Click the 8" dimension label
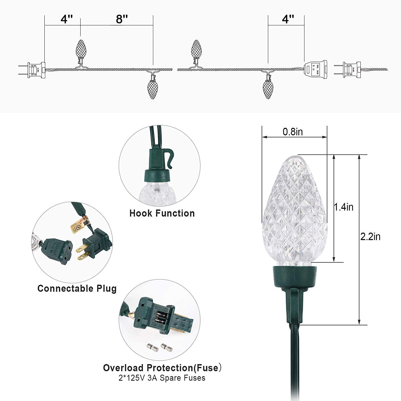click(122, 19)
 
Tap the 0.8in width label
click(293, 132)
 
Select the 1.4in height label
click(344, 207)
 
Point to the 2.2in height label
click(370, 237)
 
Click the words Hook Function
click(162, 213)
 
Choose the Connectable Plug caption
click(77, 288)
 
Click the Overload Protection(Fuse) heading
click(162, 368)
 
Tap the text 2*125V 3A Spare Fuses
click(162, 378)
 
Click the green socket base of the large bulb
click(295, 278)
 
